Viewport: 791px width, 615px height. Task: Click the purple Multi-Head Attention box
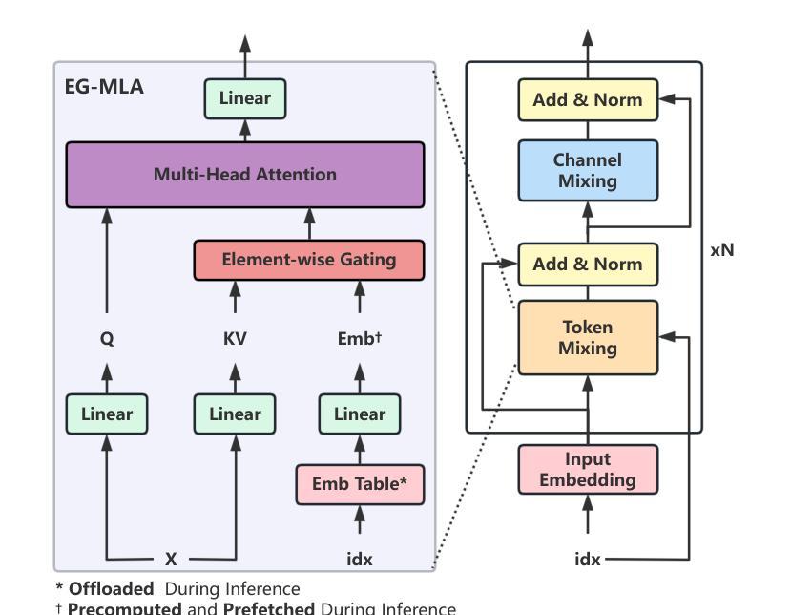[x=244, y=175]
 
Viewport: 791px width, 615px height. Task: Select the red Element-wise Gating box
[x=308, y=260]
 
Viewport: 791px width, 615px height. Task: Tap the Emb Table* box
[x=360, y=484]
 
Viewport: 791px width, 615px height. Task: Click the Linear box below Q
[x=107, y=414]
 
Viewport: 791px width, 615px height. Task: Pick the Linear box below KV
[x=235, y=414]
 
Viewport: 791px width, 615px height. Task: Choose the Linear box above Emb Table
[x=360, y=414]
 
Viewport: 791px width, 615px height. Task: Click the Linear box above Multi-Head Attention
[x=244, y=98]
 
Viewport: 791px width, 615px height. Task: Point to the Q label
[x=107, y=338]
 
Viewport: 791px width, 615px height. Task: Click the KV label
[x=235, y=338]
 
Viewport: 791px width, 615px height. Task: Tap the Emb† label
[x=360, y=338]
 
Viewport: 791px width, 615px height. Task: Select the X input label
[x=171, y=559]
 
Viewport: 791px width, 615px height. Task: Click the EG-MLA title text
[x=104, y=87]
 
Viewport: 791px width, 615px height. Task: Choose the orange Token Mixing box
[x=588, y=338]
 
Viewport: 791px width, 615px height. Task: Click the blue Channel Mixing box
[x=588, y=171]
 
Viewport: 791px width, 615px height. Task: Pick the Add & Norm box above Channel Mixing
[x=588, y=99]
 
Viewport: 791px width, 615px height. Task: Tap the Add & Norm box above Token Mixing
[x=588, y=265]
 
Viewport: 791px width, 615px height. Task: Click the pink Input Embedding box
[x=588, y=470]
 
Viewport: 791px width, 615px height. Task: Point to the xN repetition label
[x=722, y=250]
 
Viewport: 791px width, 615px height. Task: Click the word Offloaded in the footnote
[x=111, y=589]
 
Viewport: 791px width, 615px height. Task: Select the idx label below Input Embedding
[x=588, y=559]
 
